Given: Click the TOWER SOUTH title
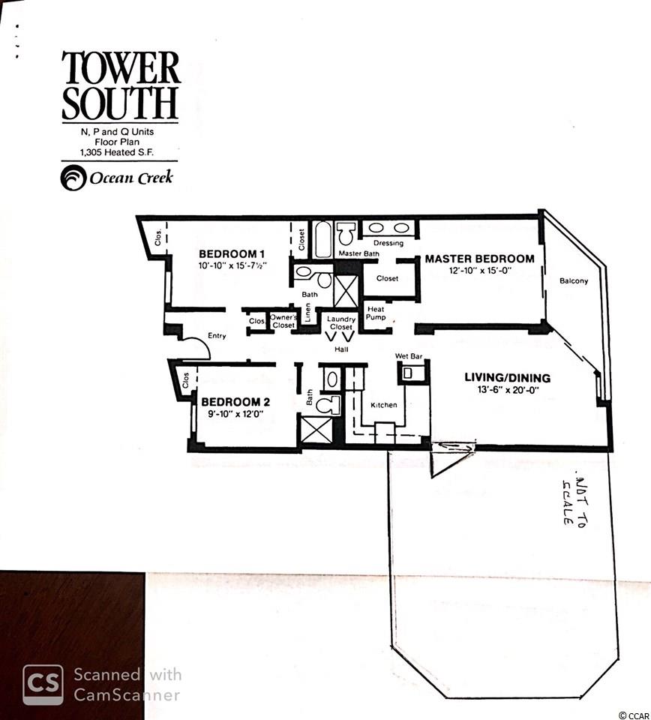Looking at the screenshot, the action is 120,85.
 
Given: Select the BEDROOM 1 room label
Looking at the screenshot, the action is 232,254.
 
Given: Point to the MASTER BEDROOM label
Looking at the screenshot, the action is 479,259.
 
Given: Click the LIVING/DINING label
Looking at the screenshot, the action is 507,378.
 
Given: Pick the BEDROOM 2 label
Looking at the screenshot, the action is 235,402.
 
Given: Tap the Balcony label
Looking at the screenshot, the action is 574,280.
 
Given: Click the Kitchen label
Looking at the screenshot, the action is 384,405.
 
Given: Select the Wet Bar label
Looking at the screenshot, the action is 409,356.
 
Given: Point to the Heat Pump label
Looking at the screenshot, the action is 376,313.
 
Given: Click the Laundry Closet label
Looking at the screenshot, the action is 341,322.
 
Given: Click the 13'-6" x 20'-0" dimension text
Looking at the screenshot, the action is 507,390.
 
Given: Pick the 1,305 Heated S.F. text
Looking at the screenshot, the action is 116,152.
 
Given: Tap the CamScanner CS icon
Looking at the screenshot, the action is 43,685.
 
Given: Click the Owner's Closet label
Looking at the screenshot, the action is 283,321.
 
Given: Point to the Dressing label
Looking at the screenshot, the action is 388,243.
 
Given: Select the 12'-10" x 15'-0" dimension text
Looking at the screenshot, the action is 480,271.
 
